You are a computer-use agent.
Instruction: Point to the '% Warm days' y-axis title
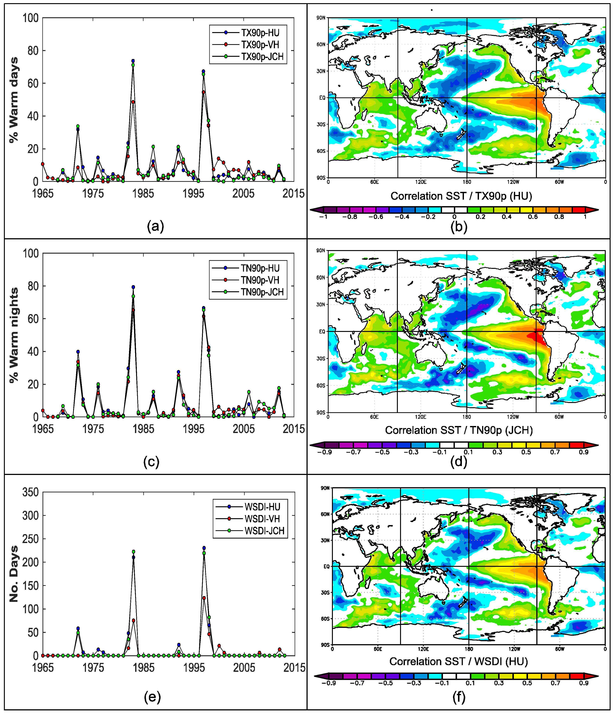[x=14, y=100]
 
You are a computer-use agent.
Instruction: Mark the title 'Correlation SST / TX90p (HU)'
[x=461, y=196]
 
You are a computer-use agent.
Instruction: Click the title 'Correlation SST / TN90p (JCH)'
[x=459, y=430]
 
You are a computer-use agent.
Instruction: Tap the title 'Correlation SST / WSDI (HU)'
[x=458, y=661]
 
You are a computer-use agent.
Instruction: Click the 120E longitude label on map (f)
[x=423, y=649]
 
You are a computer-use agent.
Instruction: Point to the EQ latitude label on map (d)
[x=322, y=331]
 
